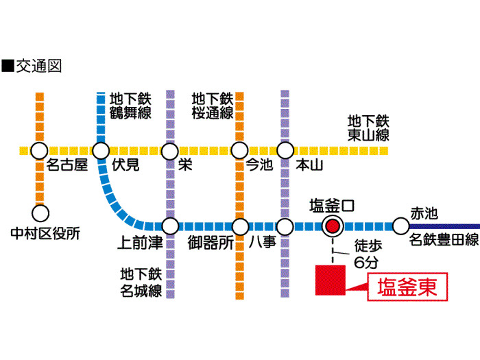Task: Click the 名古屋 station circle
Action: [x=40, y=150]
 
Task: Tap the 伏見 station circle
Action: [x=101, y=150]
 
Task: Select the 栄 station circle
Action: [x=170, y=150]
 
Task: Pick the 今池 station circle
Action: [x=239, y=150]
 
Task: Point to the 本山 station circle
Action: [x=285, y=150]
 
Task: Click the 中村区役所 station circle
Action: [x=40, y=213]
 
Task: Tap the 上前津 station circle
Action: [x=170, y=225]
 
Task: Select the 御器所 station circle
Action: [x=239, y=225]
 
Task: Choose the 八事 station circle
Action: [x=285, y=225]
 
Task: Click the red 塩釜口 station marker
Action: [x=333, y=225]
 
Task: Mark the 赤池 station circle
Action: [x=400, y=225]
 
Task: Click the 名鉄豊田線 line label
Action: [x=444, y=240]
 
